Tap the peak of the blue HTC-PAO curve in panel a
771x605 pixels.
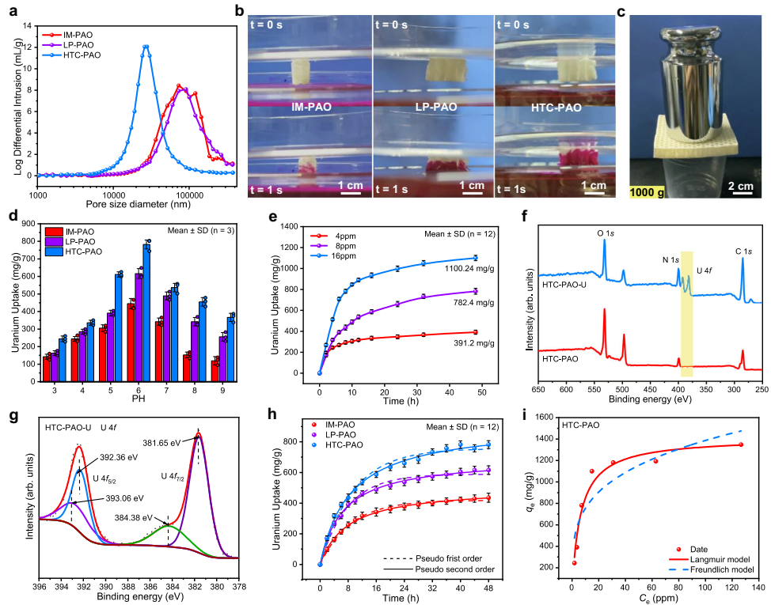[x=146, y=46]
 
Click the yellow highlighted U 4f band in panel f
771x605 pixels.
[x=686, y=312]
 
